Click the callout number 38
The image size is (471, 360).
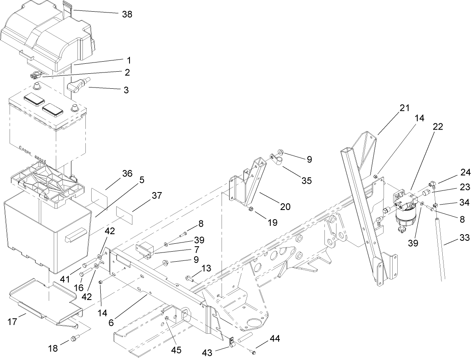click(127, 14)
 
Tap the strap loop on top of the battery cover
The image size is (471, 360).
click(67, 7)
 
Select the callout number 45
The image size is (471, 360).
click(177, 350)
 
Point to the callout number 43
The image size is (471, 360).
click(207, 353)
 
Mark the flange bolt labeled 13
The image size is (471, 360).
click(190, 278)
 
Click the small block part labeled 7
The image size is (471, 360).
click(145, 250)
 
